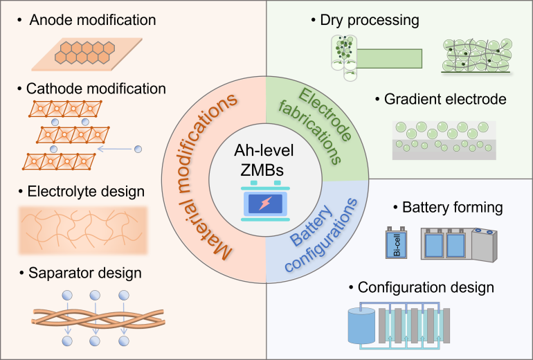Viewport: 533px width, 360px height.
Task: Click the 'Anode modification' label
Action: pos(93,20)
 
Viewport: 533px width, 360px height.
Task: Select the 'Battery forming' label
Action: pos(457,207)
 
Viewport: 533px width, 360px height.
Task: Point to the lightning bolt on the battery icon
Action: pos(266,204)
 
